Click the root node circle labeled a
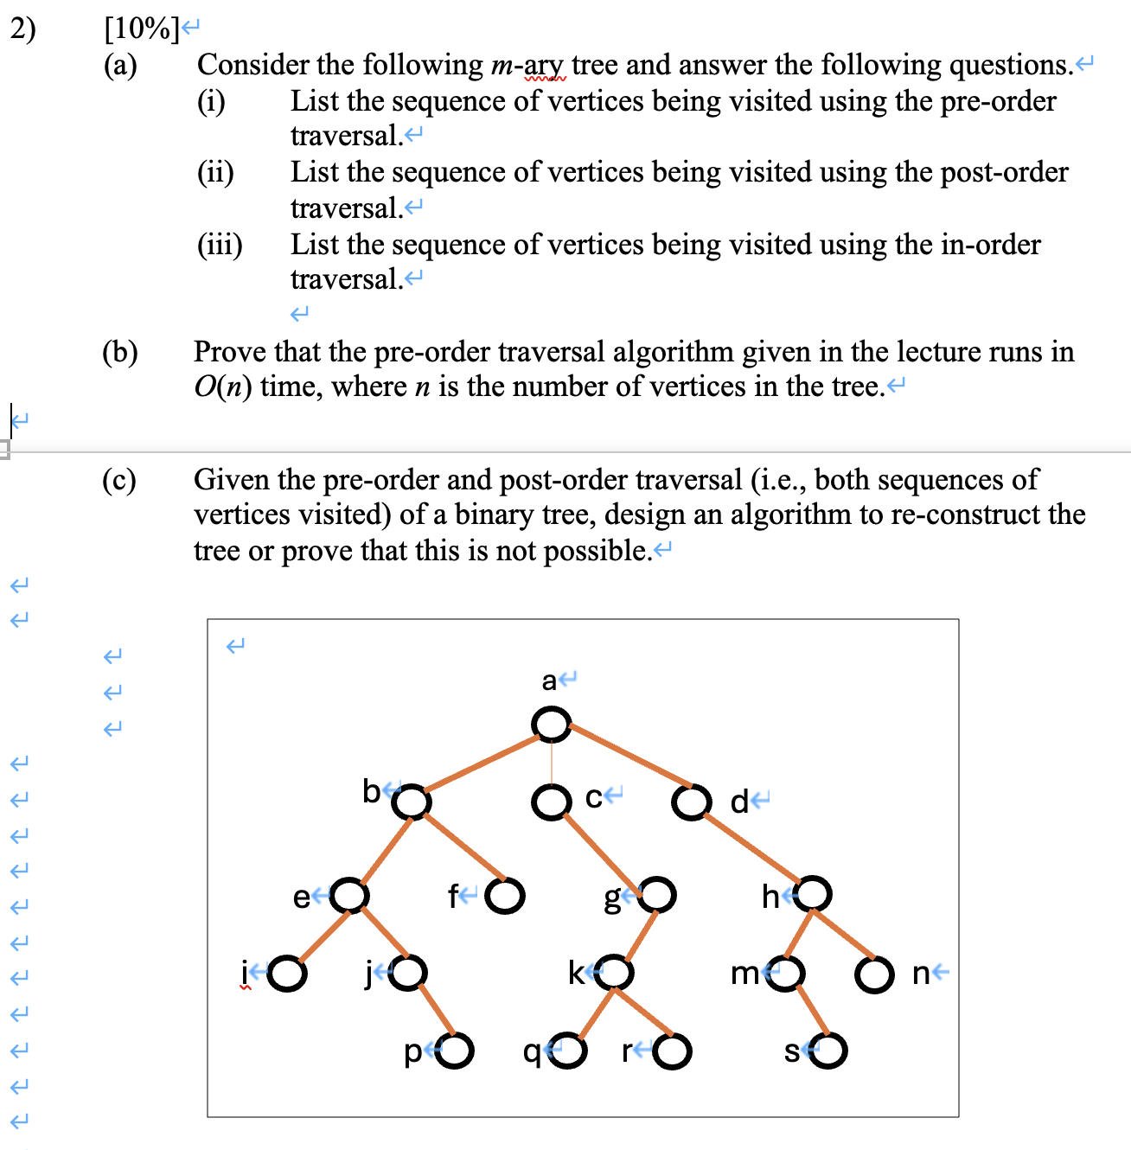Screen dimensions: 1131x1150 552,724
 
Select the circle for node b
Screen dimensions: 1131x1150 412,802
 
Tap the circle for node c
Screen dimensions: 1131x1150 551,802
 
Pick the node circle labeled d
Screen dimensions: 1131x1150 691,802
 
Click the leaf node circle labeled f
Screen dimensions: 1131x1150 505,896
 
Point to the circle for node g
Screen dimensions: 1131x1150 657,895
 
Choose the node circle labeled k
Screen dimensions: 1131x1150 615,973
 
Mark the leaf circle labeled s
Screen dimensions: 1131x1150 827,1051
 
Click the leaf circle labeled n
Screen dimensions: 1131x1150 874,974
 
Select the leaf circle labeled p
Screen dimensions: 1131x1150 455,1051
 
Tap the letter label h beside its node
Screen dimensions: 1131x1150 770,897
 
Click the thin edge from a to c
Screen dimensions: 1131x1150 552,763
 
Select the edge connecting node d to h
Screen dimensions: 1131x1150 752,848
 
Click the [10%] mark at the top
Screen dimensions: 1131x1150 141,29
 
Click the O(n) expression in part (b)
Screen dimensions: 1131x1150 223,387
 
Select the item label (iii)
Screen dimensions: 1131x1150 220,245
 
